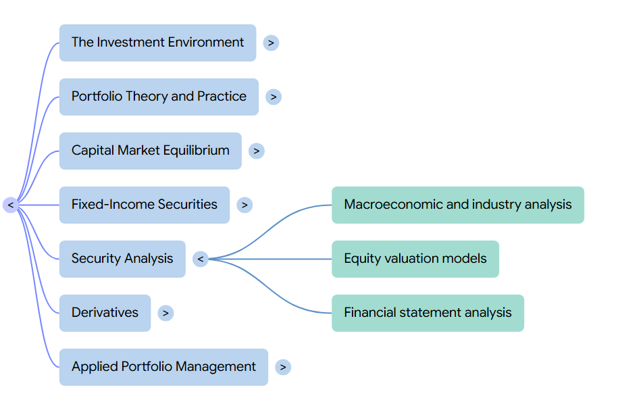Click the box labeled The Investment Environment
158,43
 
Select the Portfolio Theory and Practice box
159,97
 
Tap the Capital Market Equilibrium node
150,151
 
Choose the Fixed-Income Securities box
145,205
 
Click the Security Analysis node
122,259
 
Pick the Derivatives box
105,313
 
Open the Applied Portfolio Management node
163,367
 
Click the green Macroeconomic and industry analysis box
458,205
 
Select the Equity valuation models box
415,259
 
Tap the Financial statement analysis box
428,313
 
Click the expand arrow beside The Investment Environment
271,43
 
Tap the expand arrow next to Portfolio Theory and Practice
274,97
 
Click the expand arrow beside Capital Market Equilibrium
256,151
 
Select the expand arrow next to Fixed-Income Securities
244,205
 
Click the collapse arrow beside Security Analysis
201,259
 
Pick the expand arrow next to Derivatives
165,313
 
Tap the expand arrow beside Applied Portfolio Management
283,367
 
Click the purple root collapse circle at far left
11,205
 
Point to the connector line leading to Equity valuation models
270,259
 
